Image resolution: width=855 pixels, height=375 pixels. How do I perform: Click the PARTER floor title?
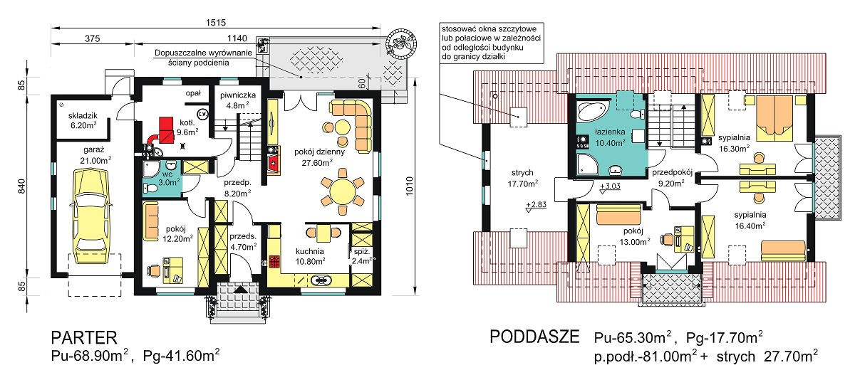click(x=80, y=337)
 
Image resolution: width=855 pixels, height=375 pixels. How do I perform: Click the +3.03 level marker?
click(x=611, y=187)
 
